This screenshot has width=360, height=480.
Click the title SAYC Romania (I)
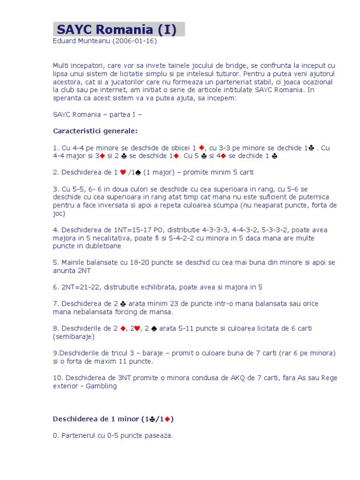tap(117, 30)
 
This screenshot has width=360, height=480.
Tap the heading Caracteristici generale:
tap(95, 130)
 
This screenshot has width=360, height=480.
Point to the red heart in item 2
tap(123, 172)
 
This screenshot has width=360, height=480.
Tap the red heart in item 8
tap(137, 329)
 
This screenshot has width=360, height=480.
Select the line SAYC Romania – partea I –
tap(97, 114)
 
